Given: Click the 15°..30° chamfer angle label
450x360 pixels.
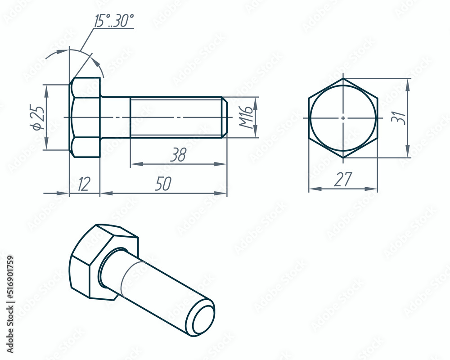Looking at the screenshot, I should [x=114, y=21].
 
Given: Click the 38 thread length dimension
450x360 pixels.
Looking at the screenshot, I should [x=178, y=155].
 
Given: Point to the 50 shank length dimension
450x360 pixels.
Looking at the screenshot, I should [x=163, y=184].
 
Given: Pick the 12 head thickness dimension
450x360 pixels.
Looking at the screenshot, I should [x=84, y=184].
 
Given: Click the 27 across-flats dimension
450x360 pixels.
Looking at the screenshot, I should [x=342, y=180].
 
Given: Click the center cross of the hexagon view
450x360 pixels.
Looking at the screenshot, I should [x=343, y=117].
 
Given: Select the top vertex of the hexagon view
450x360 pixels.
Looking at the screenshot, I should [x=343, y=79].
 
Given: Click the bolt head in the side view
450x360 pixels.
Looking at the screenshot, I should [x=85, y=117].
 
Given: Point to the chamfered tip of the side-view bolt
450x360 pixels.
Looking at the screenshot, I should [x=224, y=117].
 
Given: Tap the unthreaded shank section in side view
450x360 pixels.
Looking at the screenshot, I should [x=115, y=117].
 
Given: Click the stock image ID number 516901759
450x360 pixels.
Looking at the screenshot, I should [x=10, y=304].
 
